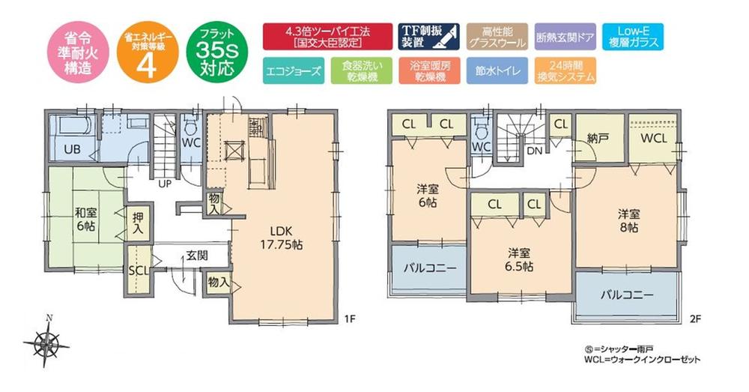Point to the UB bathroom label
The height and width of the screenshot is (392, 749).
[71, 148]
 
